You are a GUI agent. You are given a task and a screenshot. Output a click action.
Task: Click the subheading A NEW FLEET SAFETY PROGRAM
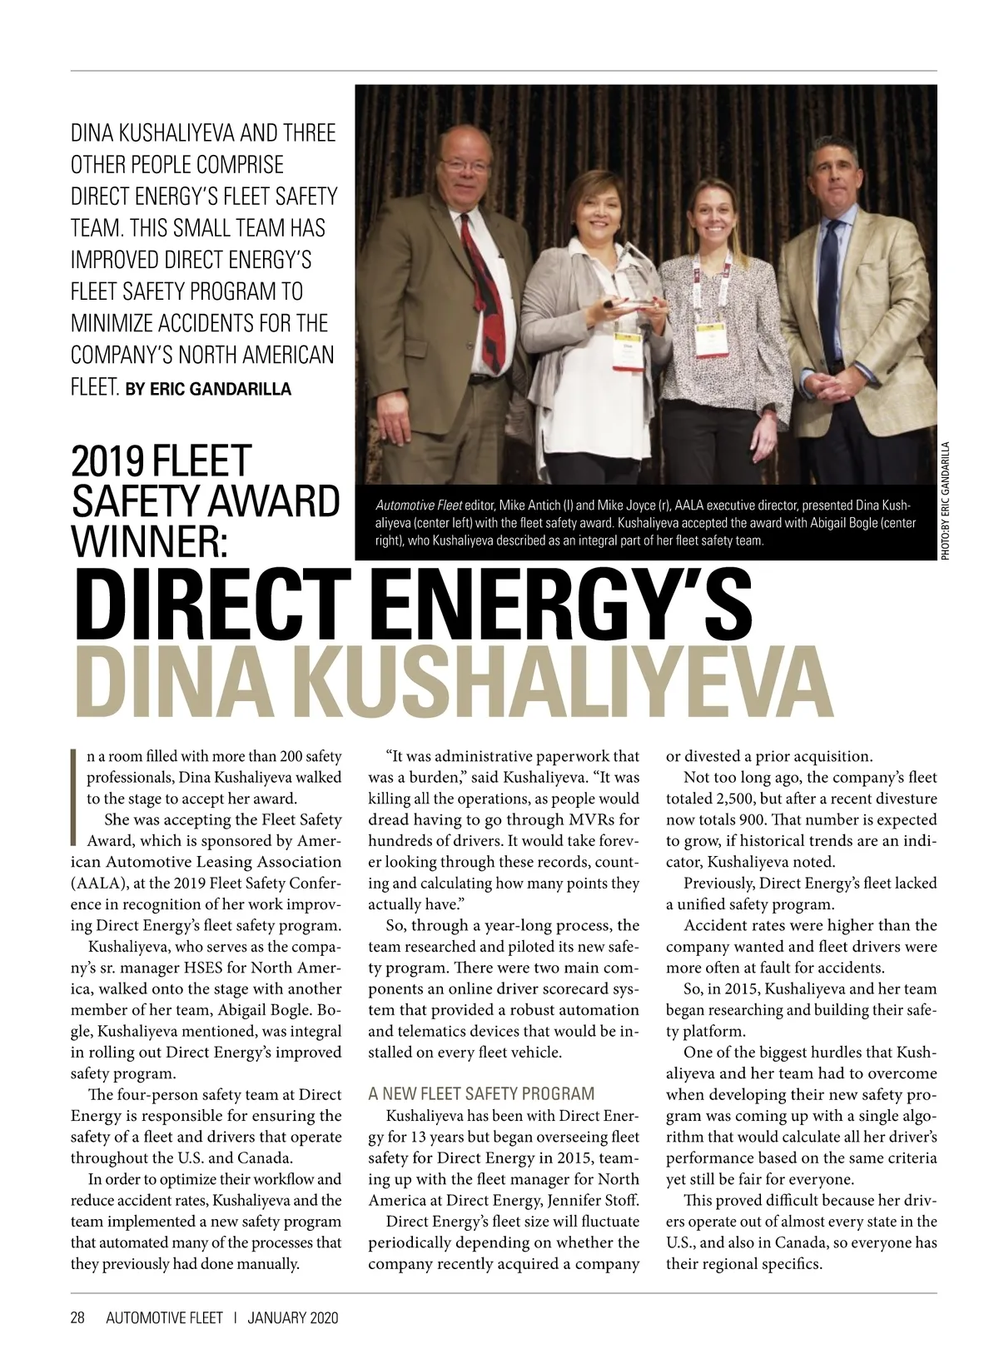(481, 1093)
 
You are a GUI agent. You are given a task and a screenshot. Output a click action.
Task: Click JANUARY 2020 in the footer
(293, 1317)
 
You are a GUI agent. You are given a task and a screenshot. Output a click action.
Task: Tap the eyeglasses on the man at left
(467, 164)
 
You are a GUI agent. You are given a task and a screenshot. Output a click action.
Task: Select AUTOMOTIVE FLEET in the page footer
(164, 1317)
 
